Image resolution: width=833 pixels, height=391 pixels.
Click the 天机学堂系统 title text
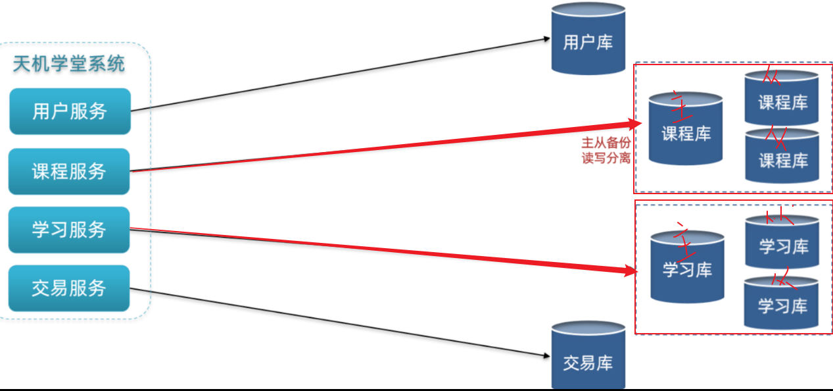coord(69,65)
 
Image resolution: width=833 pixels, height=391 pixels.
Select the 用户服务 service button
coord(70,111)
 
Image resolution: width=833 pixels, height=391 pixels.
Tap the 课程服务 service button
coord(69,172)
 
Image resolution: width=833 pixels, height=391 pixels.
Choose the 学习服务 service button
coord(69,230)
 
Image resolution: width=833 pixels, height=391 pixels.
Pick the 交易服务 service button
coord(69,288)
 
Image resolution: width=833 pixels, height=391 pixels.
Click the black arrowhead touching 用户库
coord(546,39)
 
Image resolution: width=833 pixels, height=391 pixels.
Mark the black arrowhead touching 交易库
coord(546,356)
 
